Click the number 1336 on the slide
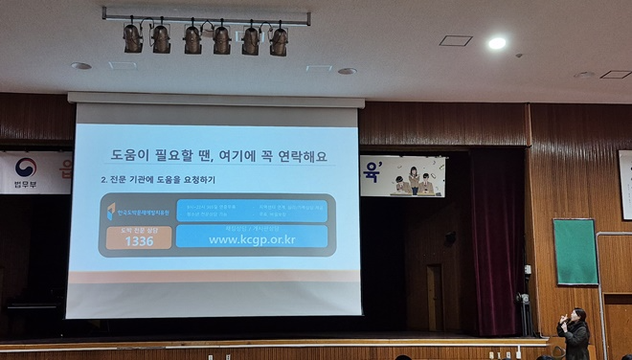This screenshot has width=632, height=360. (x=138, y=241)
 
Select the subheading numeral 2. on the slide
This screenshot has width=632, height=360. (x=104, y=179)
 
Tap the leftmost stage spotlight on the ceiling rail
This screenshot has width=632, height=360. (x=132, y=38)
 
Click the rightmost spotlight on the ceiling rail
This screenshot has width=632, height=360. (x=279, y=40)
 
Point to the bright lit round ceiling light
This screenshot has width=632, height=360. (x=496, y=43)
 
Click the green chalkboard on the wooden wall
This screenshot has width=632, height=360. (x=576, y=252)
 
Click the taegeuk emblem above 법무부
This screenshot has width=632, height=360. (x=25, y=168)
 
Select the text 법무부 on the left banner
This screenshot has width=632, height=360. (x=24, y=184)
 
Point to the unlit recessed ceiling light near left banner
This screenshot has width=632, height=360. (x=81, y=66)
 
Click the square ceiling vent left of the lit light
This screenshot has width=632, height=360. (x=456, y=41)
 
